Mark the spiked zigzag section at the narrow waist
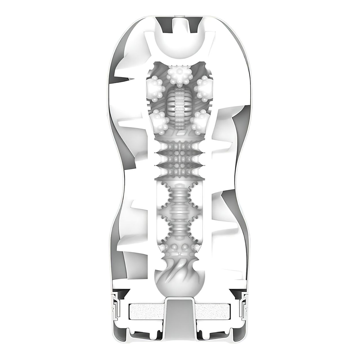180,160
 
